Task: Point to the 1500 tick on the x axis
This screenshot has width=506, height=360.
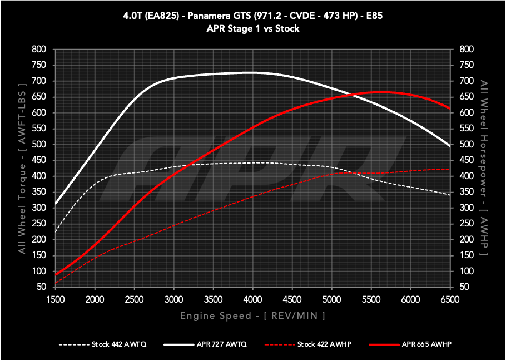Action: tap(56, 299)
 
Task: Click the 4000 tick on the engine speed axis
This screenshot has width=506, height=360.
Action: tap(253, 299)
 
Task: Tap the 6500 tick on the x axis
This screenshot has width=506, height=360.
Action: tap(450, 299)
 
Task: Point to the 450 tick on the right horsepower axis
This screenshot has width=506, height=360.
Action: tap(466, 160)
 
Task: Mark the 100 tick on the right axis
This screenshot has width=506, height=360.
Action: tap(466, 272)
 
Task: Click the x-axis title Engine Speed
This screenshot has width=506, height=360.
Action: tap(252, 315)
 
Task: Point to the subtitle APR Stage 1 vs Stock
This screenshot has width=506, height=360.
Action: tap(252, 28)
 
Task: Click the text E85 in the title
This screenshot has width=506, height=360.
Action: tap(372, 16)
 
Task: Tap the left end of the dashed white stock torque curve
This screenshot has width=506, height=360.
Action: tap(56, 232)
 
